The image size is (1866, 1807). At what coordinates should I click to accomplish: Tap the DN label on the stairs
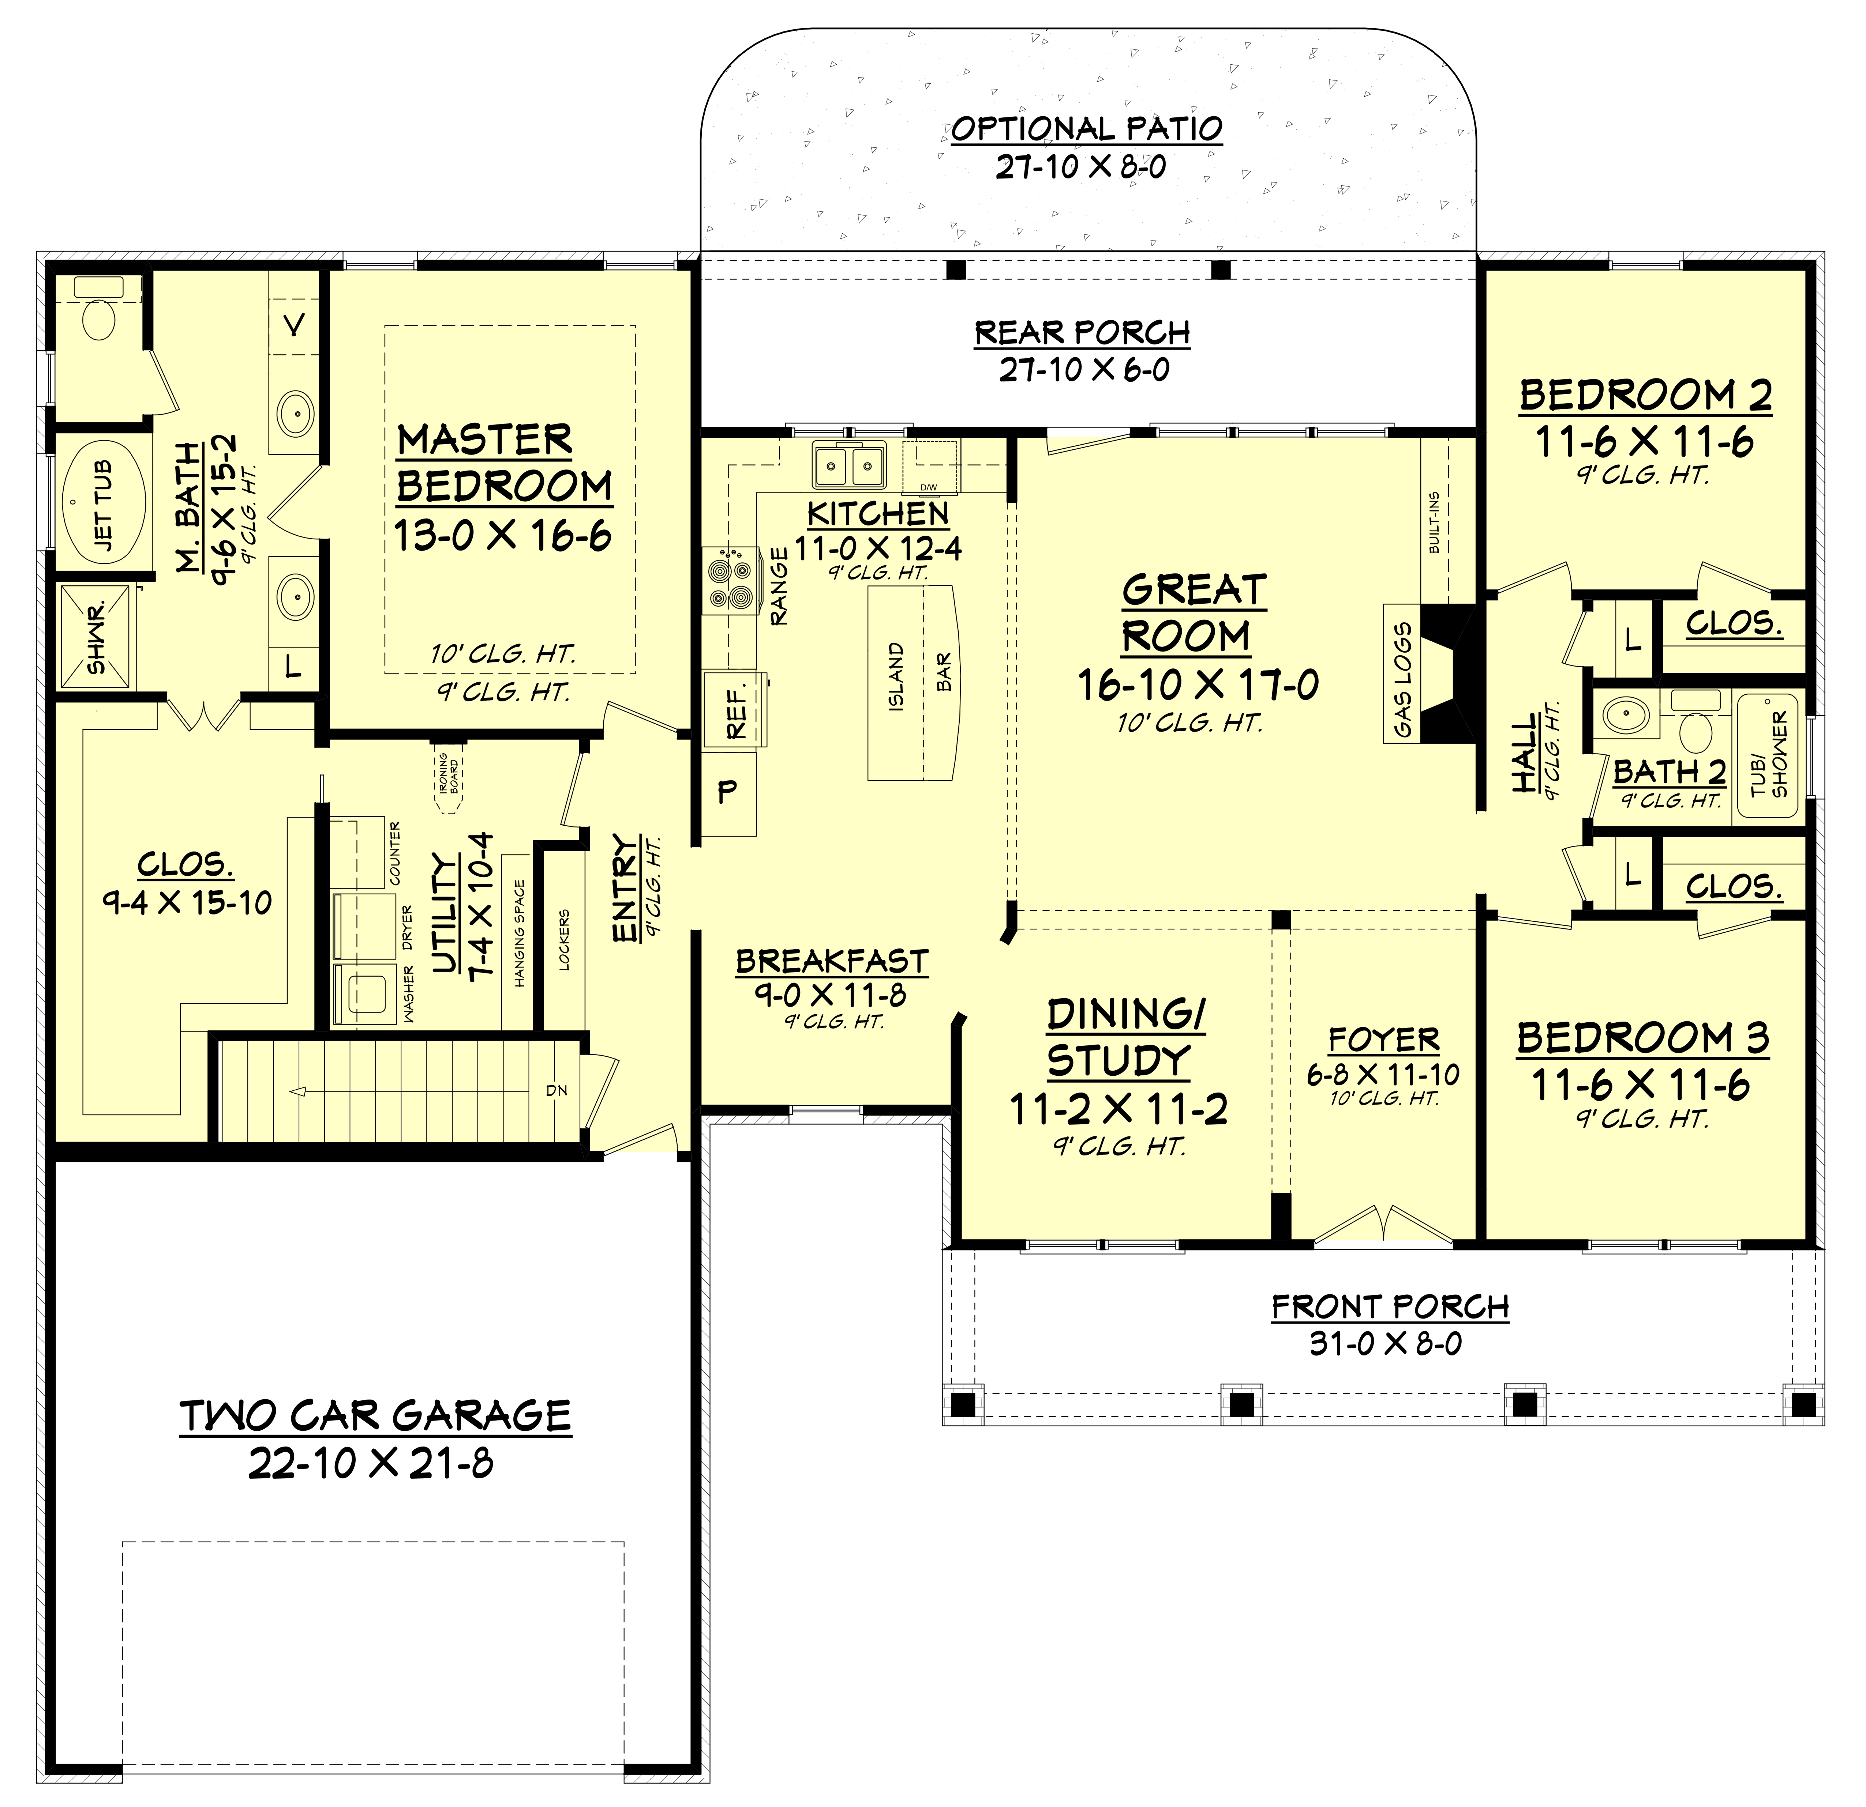click(557, 1090)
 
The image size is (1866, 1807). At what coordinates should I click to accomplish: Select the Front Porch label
click(1390, 1306)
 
